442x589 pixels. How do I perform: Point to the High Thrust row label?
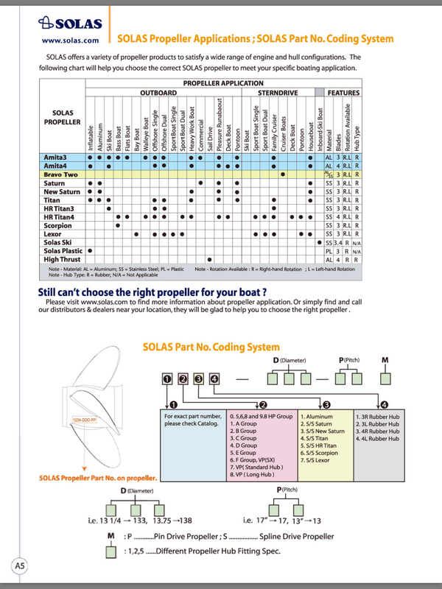click(62, 259)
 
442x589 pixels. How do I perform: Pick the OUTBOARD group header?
click(158, 94)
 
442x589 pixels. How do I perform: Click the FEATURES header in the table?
click(343, 94)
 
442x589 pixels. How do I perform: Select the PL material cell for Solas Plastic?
click(329, 251)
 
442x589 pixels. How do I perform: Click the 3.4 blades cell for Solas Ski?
click(340, 242)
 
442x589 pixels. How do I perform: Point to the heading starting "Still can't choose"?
click(148, 292)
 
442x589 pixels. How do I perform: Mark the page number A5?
click(20, 565)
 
